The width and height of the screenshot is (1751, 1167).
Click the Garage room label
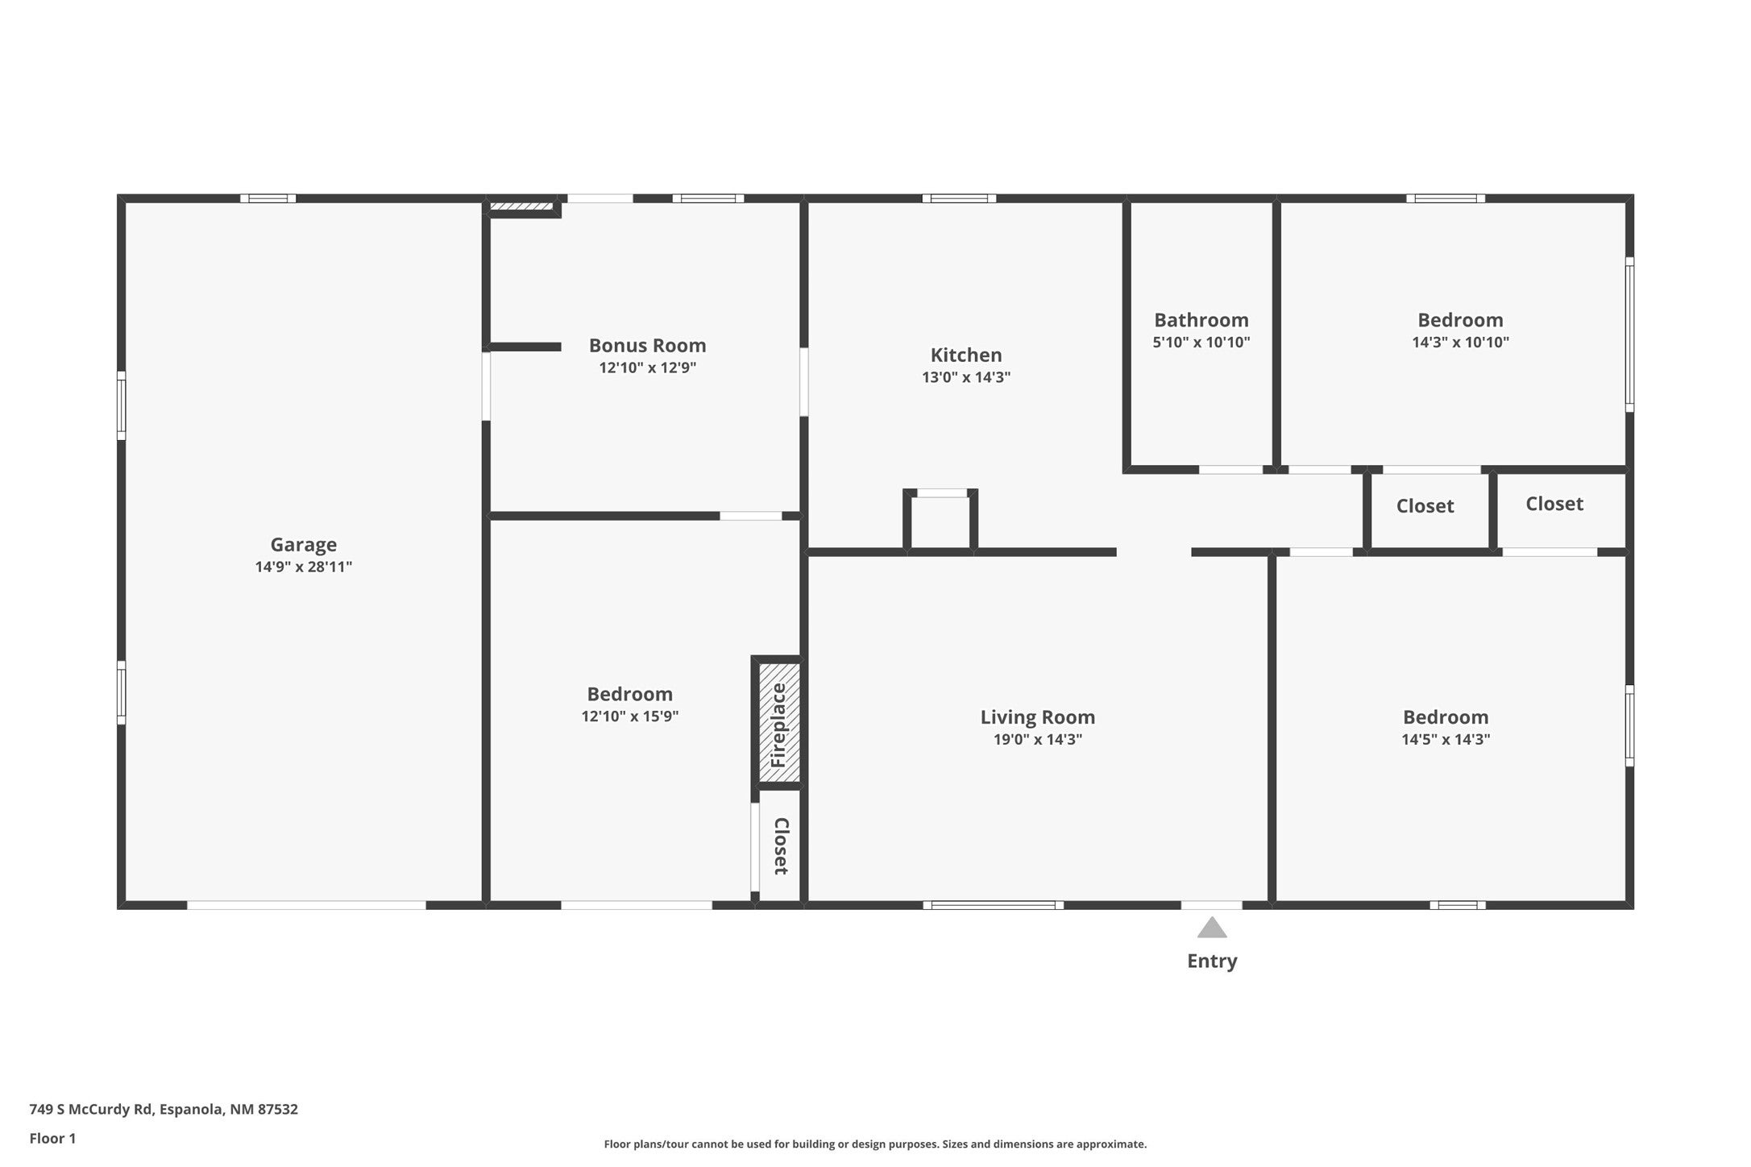tap(304, 545)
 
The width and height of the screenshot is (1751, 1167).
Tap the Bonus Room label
tap(648, 346)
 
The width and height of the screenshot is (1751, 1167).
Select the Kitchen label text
tap(966, 355)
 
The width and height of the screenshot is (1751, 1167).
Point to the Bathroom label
tap(1201, 320)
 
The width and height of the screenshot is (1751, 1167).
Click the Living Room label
tap(1038, 717)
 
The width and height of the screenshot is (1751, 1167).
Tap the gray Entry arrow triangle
tap(1212, 928)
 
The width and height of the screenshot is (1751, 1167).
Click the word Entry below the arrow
tap(1212, 961)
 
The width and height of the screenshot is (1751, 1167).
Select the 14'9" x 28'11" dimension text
tap(304, 567)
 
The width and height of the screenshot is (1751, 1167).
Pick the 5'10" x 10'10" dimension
tap(1201, 342)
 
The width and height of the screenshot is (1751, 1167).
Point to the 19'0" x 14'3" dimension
tap(1038, 739)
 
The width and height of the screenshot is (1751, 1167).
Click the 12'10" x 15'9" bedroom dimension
tap(630, 716)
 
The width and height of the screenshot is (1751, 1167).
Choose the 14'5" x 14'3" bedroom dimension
tap(1446, 739)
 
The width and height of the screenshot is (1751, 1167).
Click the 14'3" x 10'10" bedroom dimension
tap(1460, 342)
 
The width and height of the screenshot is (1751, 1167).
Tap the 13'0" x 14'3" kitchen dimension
tap(966, 377)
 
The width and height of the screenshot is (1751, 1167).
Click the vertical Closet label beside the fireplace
tap(781, 846)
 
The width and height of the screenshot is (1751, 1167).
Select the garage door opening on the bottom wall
tap(306, 905)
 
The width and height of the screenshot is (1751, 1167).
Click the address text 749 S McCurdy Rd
tap(91, 1109)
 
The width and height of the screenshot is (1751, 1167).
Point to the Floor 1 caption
tap(52, 1139)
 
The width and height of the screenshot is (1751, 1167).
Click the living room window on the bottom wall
tap(994, 905)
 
